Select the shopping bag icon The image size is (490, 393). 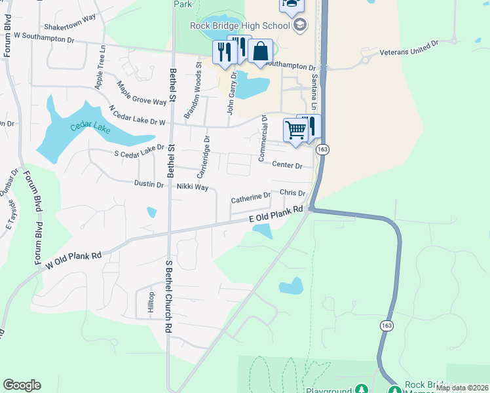pos(260,51)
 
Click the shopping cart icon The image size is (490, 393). pos(295,130)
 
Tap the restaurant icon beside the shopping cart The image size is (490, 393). pos(311,125)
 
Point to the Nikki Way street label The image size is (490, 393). pos(192,187)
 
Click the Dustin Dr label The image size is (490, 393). pos(149,185)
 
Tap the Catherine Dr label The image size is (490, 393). pos(250,197)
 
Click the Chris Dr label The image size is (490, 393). pos(292,194)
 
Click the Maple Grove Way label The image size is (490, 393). pos(141,93)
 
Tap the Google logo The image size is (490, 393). pos(22,385)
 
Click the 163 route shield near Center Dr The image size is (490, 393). pos(325,149)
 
